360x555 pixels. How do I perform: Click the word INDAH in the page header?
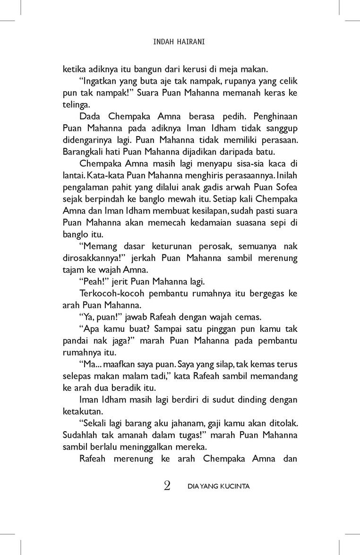click(163, 42)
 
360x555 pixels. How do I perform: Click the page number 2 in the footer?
click(167, 486)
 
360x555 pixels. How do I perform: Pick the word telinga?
click(76, 104)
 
